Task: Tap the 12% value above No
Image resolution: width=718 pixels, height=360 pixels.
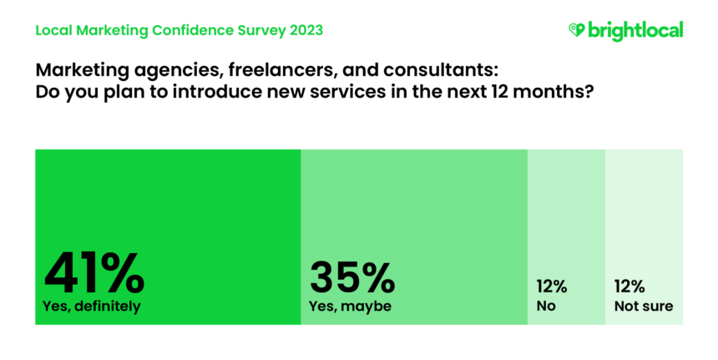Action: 551,286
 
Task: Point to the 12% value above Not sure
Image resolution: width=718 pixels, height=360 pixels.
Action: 630,286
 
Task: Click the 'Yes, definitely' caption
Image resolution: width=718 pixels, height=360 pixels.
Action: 91,307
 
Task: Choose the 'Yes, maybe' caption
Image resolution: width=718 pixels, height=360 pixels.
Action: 351,307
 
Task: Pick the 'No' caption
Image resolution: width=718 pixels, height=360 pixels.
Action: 546,307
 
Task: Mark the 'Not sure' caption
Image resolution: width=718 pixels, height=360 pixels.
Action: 644,307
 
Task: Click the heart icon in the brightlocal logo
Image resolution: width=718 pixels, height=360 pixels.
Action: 575,30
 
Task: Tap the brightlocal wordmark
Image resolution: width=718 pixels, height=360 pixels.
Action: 635,30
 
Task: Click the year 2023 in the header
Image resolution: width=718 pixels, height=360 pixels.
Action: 303,31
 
